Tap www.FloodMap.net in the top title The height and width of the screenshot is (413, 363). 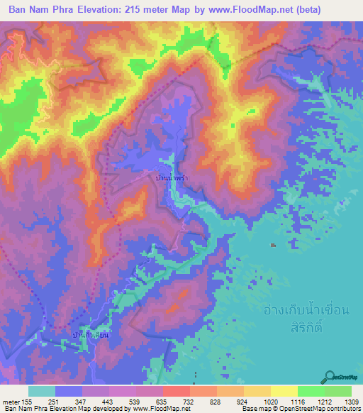click(x=262, y=10)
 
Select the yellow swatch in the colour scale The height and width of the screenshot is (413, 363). click(x=284, y=391)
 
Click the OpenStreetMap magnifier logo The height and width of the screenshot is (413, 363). click(x=330, y=377)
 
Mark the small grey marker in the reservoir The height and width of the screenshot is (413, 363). click(x=273, y=246)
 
